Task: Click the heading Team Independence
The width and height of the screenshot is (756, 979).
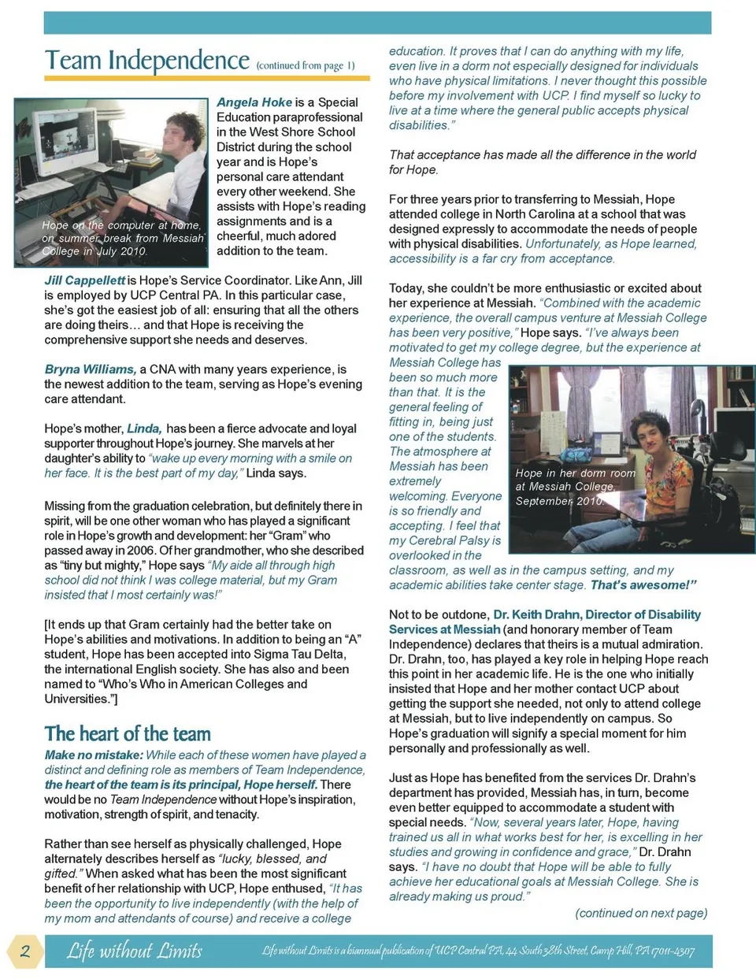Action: (x=146, y=61)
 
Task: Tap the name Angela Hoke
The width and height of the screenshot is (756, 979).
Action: (x=254, y=102)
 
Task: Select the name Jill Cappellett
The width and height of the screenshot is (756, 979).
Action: (x=84, y=280)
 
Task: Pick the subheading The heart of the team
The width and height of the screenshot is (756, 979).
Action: (x=128, y=734)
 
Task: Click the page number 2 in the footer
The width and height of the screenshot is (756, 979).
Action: (x=25, y=951)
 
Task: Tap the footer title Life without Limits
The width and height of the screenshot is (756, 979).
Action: (x=135, y=951)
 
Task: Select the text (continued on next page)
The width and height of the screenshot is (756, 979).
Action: (x=641, y=914)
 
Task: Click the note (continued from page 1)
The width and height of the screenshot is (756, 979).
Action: (x=306, y=66)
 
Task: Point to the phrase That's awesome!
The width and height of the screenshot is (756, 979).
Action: (x=643, y=585)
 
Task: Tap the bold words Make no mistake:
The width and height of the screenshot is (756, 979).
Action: (x=94, y=755)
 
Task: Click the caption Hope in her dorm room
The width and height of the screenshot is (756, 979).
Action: (x=575, y=473)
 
